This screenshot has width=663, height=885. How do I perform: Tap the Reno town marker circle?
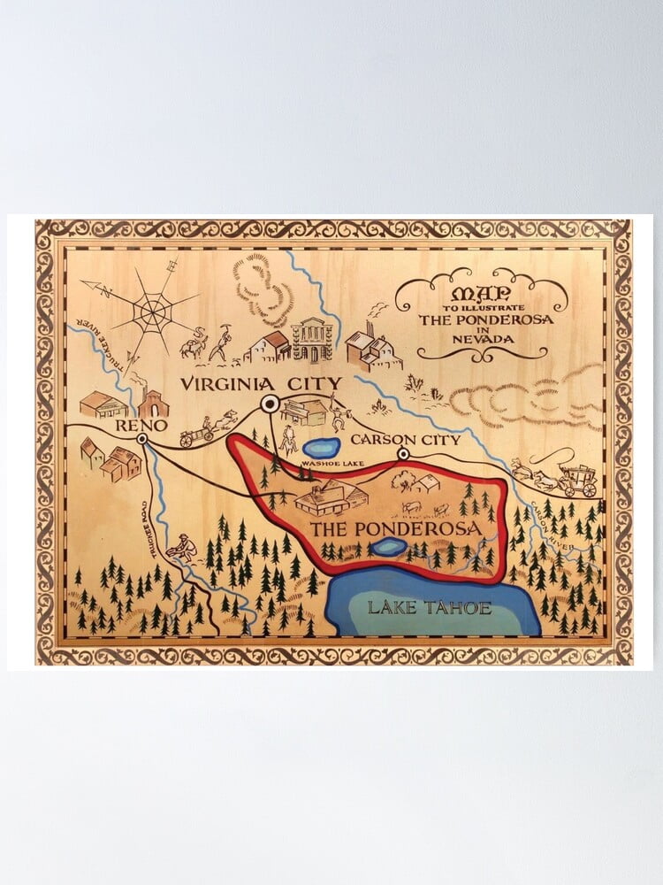click(141, 438)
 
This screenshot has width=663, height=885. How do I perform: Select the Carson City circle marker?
click(403, 454)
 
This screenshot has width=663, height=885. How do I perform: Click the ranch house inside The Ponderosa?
click(328, 500)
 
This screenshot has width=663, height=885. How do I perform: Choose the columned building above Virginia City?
click(312, 339)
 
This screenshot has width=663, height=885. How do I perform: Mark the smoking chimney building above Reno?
click(153, 403)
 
